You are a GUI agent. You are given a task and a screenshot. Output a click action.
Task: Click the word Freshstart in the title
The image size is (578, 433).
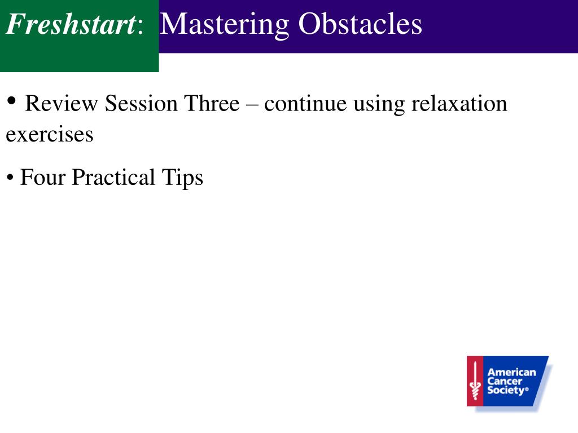71,24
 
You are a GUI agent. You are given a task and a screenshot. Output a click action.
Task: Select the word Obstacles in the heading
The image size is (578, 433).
360,24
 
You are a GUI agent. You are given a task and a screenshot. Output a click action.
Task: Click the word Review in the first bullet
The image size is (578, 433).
61,103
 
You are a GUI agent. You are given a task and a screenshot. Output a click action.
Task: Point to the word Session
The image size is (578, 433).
141,103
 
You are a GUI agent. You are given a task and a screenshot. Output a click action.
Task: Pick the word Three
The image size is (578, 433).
212,103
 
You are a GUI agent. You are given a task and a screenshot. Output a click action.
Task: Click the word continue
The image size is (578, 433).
305,104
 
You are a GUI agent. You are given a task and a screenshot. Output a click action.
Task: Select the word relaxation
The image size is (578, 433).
459,103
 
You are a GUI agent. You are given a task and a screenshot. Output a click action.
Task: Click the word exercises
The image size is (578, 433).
50,134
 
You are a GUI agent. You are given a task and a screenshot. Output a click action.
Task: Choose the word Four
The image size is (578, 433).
43,177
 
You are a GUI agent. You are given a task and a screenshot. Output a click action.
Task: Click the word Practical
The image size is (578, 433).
113,177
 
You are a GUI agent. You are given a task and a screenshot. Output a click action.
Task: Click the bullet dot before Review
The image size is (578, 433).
11,100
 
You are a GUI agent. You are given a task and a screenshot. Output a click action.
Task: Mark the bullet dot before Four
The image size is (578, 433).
10,178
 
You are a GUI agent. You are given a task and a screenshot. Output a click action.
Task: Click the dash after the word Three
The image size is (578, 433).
252,105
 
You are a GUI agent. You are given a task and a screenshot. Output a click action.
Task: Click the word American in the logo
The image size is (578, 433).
511,372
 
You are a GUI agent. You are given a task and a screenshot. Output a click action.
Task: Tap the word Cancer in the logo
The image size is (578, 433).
505,381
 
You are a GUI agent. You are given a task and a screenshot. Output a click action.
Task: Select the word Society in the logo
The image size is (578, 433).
507,390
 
